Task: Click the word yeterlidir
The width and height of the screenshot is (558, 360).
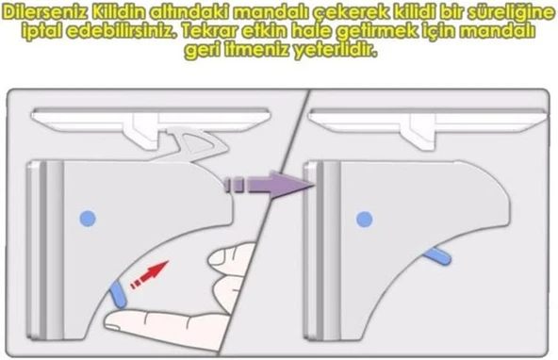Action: pyautogui.click(x=327, y=50)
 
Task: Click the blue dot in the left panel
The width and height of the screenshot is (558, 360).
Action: pyautogui.click(x=88, y=218)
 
